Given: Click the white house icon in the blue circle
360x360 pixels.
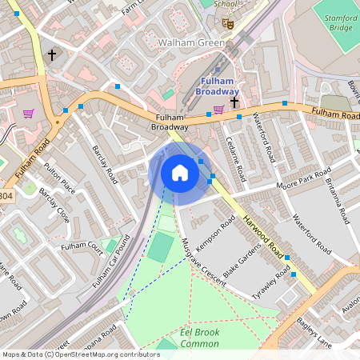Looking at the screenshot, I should point(179,173).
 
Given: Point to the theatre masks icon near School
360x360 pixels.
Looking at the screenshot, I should point(228,24).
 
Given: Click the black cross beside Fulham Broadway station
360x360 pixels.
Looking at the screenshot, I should point(234,102).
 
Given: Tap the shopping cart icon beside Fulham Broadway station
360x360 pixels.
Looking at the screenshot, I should point(218,110).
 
